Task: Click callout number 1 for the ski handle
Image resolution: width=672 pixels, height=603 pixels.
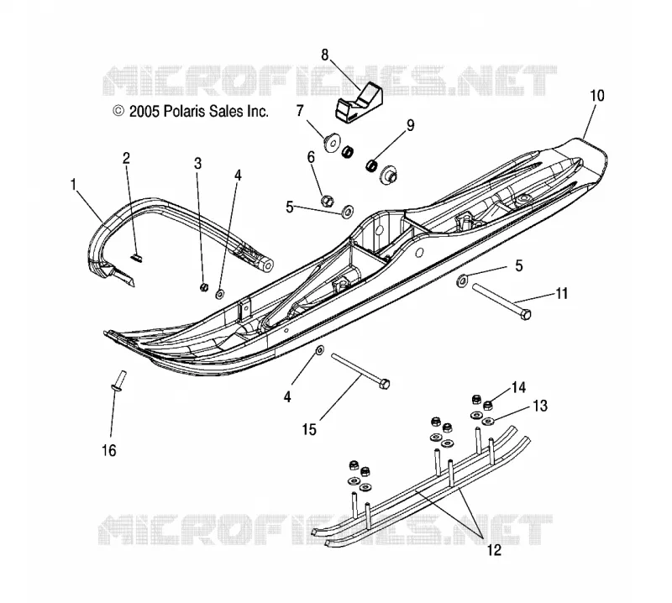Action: tap(74, 185)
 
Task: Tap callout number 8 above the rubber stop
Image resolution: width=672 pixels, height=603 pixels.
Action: tap(324, 55)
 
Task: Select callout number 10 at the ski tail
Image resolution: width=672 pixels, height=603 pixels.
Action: tap(597, 96)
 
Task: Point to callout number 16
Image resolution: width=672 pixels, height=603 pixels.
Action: tap(109, 450)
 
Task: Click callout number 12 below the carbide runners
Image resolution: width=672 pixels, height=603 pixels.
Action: tap(494, 550)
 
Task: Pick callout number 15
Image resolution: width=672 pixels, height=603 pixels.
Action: tap(309, 429)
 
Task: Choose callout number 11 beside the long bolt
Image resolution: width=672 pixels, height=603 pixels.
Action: tap(561, 294)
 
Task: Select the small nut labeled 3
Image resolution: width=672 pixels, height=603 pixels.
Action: tap(204, 286)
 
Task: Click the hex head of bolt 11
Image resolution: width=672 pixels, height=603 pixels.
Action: tap(526, 314)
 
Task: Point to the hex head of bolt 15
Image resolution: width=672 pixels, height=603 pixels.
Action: tap(385, 384)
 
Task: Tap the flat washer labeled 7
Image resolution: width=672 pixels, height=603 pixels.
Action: tap(332, 142)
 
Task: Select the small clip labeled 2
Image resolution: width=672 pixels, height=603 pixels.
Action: tap(137, 258)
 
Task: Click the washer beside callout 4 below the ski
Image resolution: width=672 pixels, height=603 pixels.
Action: tap(320, 350)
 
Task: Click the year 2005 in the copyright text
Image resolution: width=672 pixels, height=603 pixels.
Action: tap(144, 112)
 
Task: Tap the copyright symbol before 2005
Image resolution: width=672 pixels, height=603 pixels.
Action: tap(118, 112)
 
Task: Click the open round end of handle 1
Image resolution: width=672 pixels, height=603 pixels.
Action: tap(267, 265)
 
